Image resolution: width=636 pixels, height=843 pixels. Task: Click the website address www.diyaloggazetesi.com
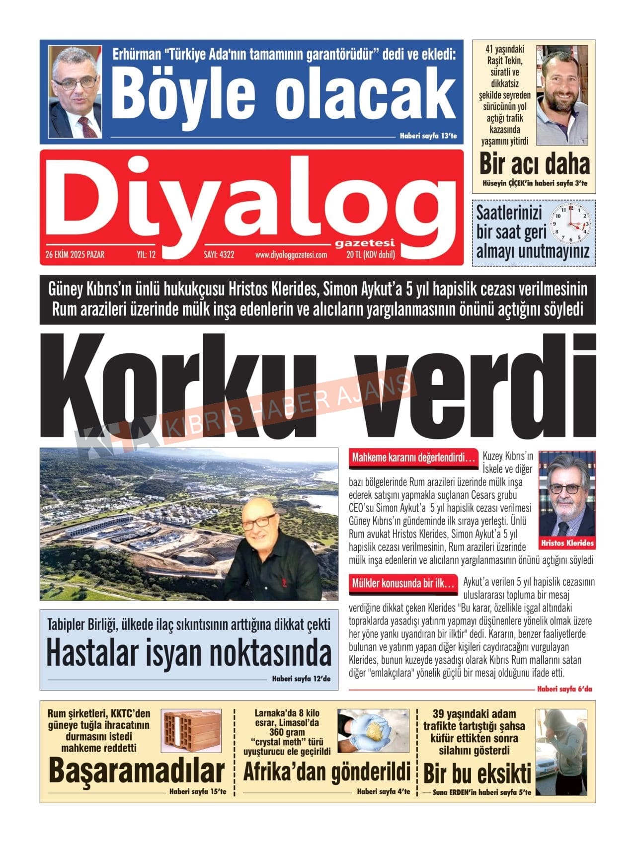point(291,255)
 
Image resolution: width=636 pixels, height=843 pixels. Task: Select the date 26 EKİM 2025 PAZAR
point(75,255)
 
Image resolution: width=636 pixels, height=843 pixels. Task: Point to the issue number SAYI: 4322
point(219,255)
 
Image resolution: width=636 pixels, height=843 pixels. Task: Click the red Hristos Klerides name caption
point(567,543)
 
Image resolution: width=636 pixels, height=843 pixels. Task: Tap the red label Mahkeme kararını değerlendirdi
point(413,458)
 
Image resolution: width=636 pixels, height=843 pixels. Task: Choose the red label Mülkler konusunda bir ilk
point(403,583)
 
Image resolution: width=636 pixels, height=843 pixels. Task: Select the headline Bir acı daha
point(534,164)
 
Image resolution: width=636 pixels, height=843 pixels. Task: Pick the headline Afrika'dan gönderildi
point(326,771)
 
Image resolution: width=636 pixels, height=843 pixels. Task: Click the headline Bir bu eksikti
point(477,773)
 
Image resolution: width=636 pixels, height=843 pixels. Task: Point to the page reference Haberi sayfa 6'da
point(564,689)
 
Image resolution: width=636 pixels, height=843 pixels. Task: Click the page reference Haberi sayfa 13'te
point(428,136)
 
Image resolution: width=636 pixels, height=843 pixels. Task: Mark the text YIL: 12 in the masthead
point(146,255)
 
